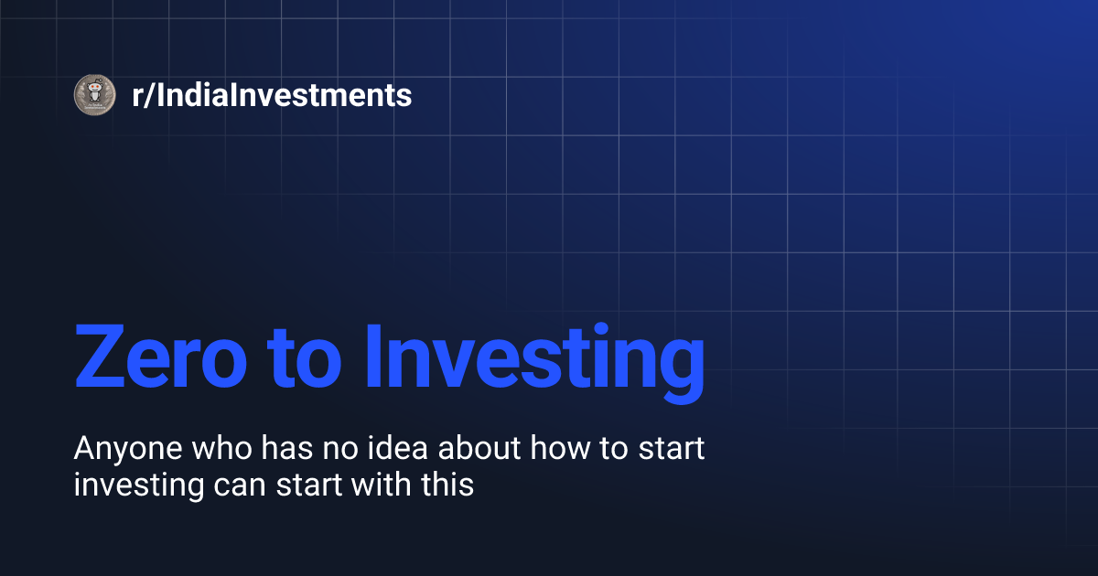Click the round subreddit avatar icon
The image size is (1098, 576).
pos(93,94)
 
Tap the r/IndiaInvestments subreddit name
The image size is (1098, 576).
pos(272,94)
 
